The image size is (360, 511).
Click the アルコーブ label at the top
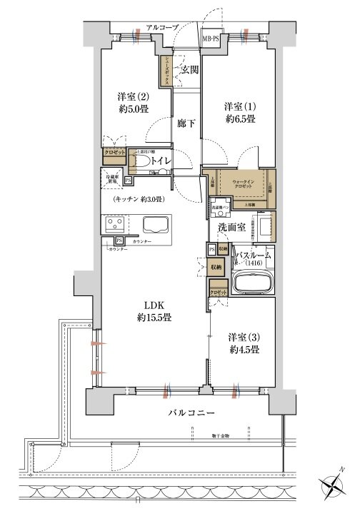pyautogui.click(x=162, y=27)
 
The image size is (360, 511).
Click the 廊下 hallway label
pyautogui.click(x=186, y=122)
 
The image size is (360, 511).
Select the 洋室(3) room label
pyautogui.click(x=243, y=335)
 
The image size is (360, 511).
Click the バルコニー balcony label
pyautogui.click(x=193, y=414)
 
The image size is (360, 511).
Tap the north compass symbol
pyautogui.click(x=334, y=487)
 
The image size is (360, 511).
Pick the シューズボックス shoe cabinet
pyautogui.click(x=165, y=71)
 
